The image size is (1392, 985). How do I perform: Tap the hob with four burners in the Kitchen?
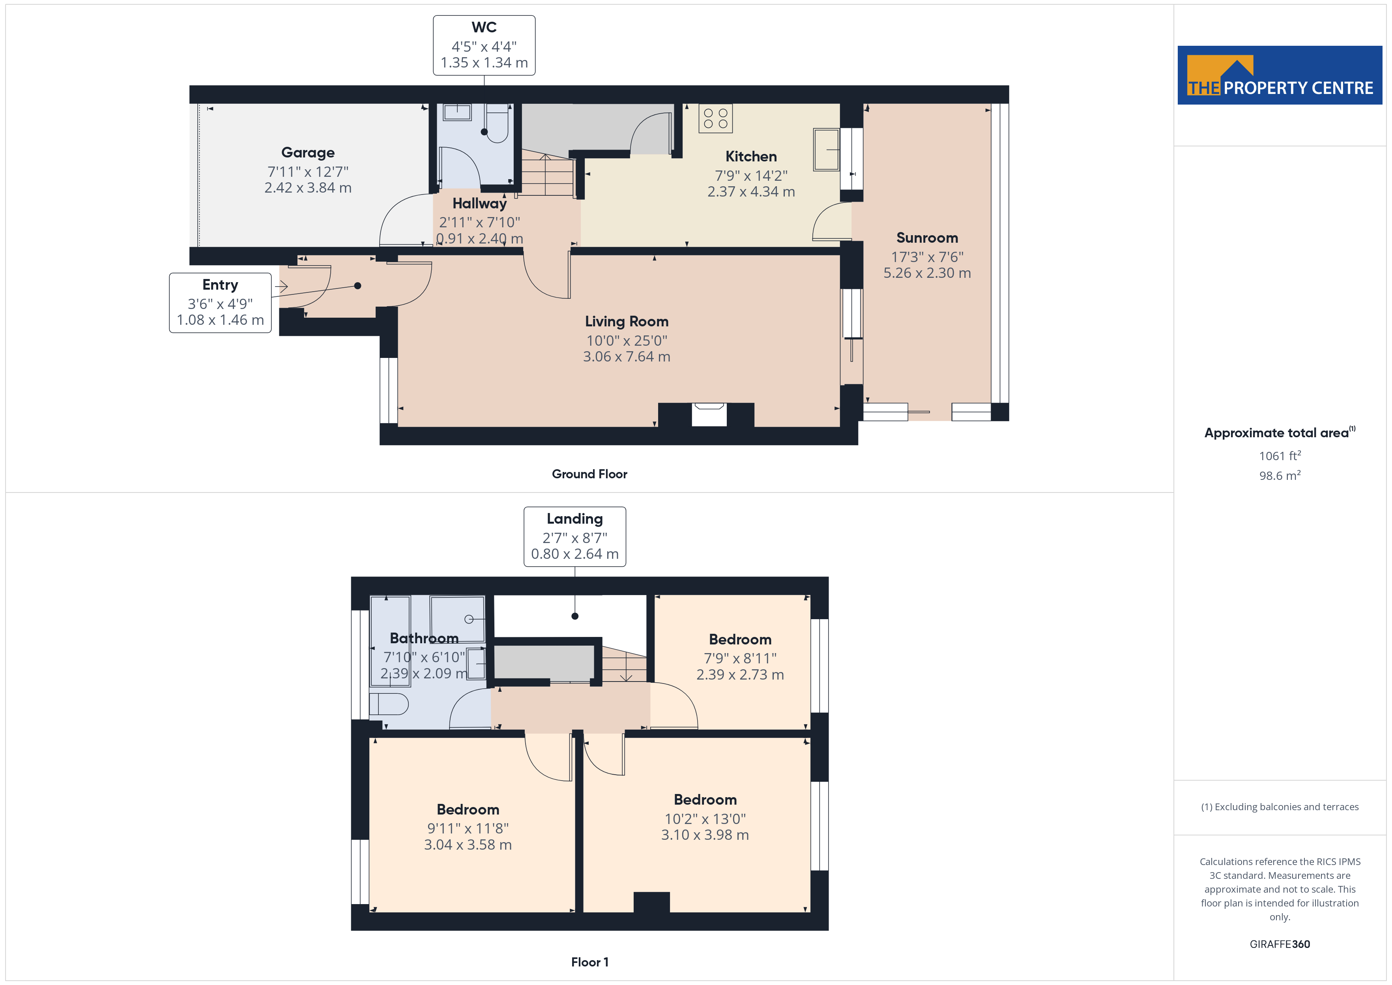[x=715, y=118]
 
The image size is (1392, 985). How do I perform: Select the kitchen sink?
[x=826, y=149]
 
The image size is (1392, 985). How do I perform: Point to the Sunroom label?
[x=927, y=238]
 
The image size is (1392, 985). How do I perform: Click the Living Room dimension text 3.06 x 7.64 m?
[x=626, y=357]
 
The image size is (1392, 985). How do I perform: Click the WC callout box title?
[x=484, y=27]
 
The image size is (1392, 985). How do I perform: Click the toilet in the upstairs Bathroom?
[x=389, y=704]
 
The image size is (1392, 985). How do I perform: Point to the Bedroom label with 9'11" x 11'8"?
[x=468, y=810]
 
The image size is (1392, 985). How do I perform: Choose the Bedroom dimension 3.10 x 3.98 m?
[x=705, y=835]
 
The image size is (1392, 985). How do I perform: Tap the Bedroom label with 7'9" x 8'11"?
[x=740, y=639]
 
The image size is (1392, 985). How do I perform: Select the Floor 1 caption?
[x=589, y=962]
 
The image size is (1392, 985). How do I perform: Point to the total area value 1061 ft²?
[x=1280, y=455]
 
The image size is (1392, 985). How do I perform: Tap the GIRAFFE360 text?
[x=1280, y=944]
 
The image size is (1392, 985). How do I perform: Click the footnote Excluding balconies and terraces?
[x=1280, y=807]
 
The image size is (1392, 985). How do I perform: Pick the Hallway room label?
[x=479, y=203]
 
